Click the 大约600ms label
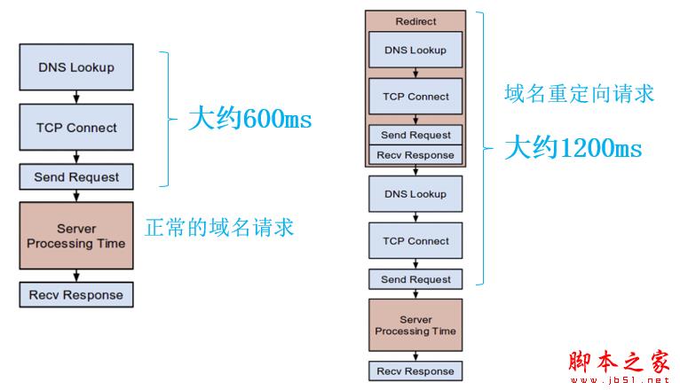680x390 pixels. click(x=249, y=120)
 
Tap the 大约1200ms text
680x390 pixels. click(x=573, y=148)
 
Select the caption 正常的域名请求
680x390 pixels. click(x=218, y=228)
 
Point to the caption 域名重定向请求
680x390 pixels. click(x=579, y=93)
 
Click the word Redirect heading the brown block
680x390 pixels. click(x=415, y=21)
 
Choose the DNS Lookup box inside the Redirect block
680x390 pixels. click(x=415, y=50)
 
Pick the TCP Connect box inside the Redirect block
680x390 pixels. click(x=415, y=97)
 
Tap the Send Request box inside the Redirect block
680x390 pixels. click(x=415, y=135)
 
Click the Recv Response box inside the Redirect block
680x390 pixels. click(x=415, y=155)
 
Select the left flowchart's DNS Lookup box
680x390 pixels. click(x=76, y=67)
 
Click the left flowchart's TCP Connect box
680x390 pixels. click(x=76, y=128)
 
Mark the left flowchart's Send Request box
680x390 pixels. click(x=76, y=177)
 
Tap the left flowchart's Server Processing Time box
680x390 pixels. click(x=76, y=236)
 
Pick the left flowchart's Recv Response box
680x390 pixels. click(x=76, y=294)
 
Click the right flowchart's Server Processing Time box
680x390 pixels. click(x=415, y=325)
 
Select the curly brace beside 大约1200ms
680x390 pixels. click(x=484, y=149)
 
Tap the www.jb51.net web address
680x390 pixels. click(x=624, y=381)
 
